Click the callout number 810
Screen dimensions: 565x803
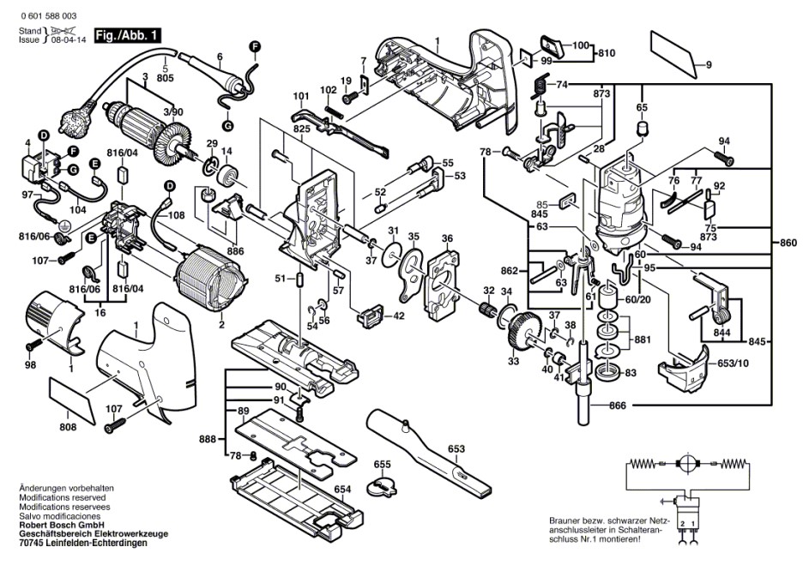click(607, 53)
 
